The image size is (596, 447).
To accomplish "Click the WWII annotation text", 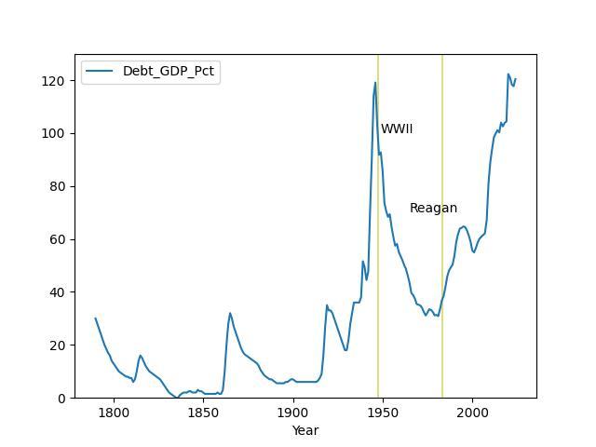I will [x=397, y=129].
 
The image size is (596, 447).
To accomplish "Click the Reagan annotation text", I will [x=433, y=209].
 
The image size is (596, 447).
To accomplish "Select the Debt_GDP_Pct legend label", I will [x=169, y=72].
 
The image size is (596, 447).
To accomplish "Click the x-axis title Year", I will [x=305, y=430].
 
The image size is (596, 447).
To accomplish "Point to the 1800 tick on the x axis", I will [x=114, y=412].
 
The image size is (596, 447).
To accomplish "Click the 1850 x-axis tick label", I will [x=203, y=412].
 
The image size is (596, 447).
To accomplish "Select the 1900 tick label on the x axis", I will [x=293, y=412].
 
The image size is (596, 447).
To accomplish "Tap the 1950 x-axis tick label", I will [x=383, y=412].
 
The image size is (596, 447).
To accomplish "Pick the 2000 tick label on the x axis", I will [x=472, y=412].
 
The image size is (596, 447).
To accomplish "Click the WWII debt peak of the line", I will [x=375, y=83].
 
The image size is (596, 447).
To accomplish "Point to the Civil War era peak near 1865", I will [x=230, y=313].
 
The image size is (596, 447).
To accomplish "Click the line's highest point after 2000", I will [x=508, y=74].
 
